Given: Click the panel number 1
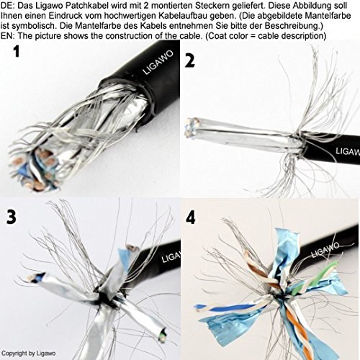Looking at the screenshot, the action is coord(17,52).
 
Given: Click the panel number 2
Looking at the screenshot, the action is coord(189,60).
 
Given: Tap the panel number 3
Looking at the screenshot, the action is coord(12,217).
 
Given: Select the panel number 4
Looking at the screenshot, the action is coord(191,218).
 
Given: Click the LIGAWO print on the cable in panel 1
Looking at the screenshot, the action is coord(158,62).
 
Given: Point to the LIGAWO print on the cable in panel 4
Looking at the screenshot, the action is coord(325,250).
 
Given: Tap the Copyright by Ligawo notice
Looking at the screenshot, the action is coord(28,354).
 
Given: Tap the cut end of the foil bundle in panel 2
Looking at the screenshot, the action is coord(192,127).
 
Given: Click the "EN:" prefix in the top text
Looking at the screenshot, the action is coord(8,36).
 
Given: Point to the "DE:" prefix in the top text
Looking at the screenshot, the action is coord(8,6).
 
